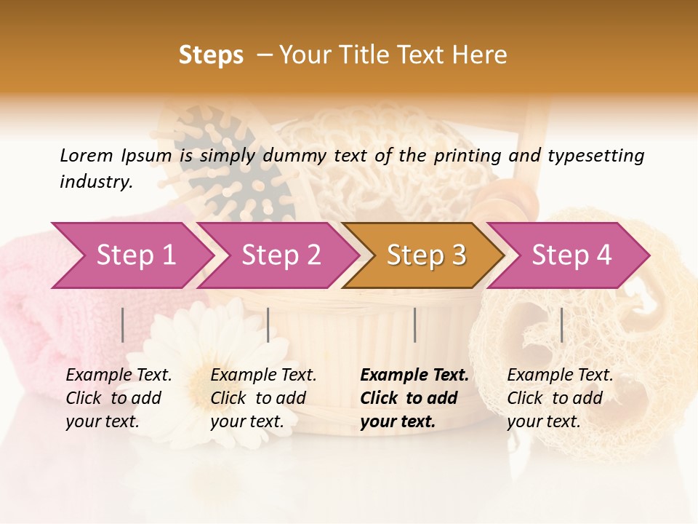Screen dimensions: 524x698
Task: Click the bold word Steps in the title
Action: point(211,55)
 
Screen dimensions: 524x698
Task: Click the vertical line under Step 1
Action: point(123,325)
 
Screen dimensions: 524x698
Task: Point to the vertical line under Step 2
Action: point(268,325)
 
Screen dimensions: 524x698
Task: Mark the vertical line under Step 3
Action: point(415,325)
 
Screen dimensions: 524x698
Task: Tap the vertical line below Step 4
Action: point(561,325)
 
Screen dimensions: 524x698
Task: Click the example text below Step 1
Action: point(119,398)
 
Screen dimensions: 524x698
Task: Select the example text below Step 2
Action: point(263,398)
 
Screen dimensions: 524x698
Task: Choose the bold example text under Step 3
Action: point(414,398)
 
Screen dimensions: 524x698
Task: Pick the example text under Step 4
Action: point(560,398)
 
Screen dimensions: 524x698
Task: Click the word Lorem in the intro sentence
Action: point(86,155)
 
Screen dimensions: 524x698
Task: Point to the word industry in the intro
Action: point(95,182)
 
